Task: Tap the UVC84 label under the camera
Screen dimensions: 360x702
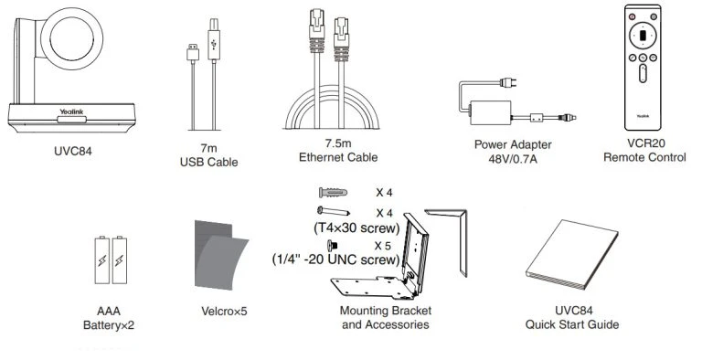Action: pos(74,151)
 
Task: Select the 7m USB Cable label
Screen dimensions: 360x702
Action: pos(208,156)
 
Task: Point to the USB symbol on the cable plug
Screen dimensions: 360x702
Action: pos(212,43)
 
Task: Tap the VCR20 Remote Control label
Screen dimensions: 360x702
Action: pos(644,151)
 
